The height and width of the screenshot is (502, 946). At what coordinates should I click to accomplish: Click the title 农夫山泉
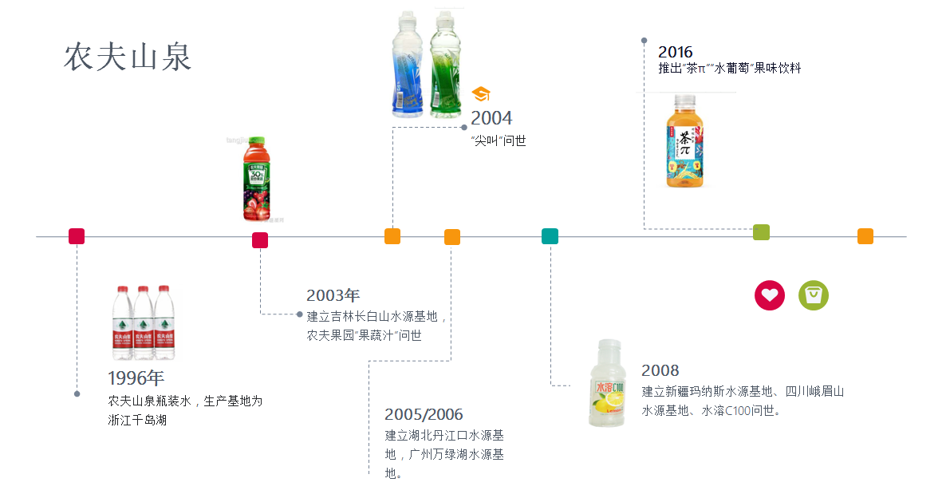[128, 57]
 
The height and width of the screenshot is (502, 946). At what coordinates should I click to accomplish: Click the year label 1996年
[136, 378]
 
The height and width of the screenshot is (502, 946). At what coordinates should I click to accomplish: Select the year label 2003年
[333, 295]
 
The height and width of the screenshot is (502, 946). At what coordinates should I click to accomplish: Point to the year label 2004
[491, 119]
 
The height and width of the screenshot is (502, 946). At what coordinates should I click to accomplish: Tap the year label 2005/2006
[424, 414]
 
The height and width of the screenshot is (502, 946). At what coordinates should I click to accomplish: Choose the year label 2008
[660, 370]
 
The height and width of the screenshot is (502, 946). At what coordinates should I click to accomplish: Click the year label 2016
[676, 52]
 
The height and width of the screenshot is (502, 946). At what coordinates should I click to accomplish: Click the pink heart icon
[770, 295]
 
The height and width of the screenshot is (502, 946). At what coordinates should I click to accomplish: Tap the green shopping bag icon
[814, 295]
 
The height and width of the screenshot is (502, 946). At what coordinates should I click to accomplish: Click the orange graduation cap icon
[481, 94]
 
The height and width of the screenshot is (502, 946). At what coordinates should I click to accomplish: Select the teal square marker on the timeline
[550, 236]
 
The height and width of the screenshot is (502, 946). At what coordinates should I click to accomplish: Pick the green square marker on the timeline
[761, 232]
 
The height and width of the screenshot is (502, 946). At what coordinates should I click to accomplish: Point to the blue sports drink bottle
[407, 64]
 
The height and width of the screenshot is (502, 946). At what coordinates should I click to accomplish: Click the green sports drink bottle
[446, 64]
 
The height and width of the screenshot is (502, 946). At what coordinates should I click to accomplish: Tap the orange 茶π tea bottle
[685, 141]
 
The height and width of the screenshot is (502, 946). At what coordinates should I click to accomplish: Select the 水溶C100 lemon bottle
[607, 383]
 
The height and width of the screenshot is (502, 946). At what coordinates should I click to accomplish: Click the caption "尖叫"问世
[499, 141]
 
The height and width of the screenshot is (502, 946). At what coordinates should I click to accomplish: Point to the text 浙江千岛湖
[137, 420]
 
